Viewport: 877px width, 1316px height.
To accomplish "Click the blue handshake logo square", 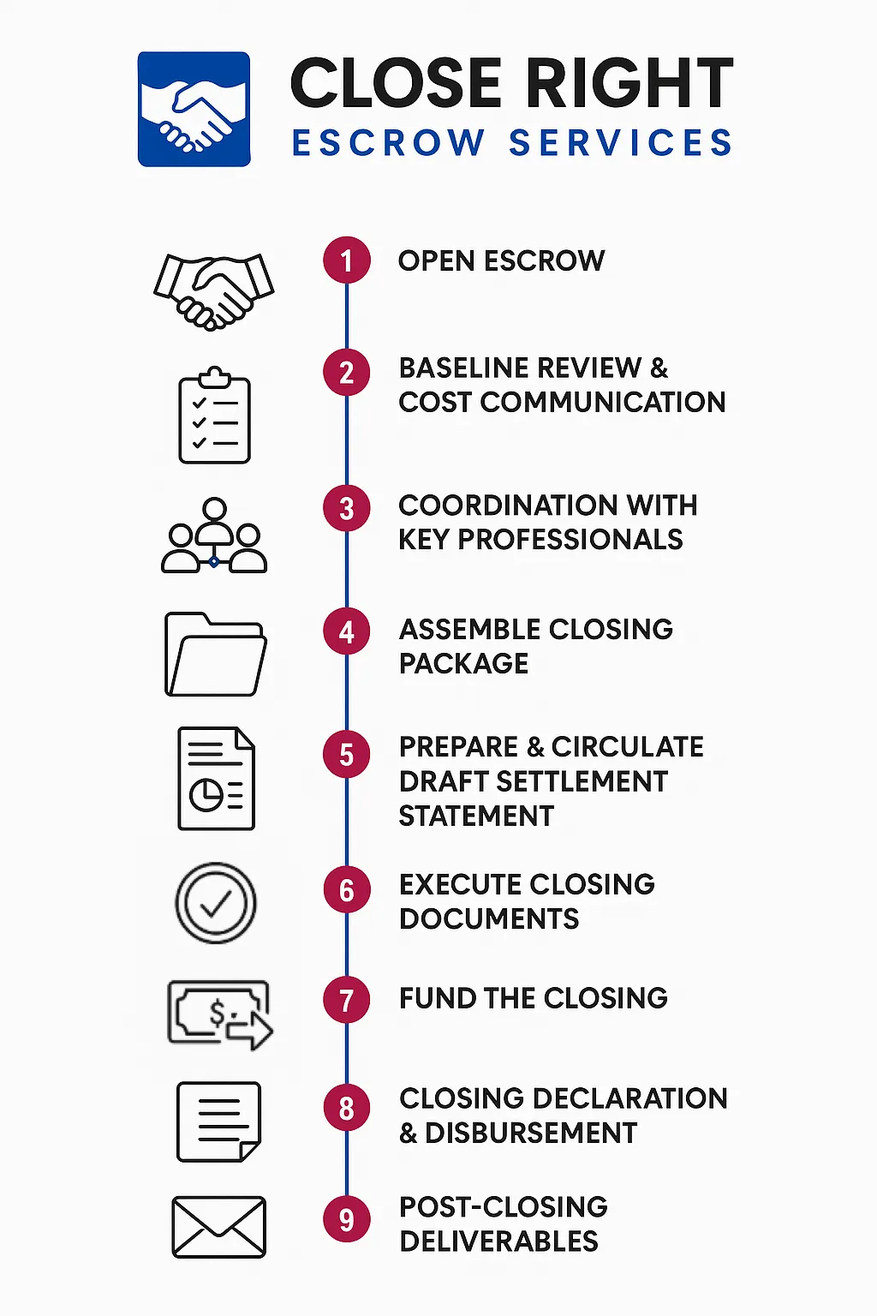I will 194,109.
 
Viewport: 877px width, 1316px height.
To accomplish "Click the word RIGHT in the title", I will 629,84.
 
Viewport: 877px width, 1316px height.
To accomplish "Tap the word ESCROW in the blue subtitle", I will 389,143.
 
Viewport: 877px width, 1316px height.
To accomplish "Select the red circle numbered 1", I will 347,260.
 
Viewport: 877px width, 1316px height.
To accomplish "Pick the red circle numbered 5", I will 347,755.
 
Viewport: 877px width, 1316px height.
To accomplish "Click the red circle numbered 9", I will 347,1219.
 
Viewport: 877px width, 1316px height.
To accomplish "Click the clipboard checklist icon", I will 214,416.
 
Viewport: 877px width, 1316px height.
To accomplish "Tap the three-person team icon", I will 214,536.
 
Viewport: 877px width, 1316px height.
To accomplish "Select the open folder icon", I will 215,655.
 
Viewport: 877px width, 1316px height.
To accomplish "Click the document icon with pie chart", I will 216,779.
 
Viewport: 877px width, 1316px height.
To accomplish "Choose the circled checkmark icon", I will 216,903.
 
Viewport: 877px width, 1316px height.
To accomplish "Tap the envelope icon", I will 219,1227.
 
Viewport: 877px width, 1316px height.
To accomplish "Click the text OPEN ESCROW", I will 501,261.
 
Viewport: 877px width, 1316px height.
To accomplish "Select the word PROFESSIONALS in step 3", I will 570,540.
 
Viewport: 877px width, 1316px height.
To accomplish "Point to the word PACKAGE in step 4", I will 463,664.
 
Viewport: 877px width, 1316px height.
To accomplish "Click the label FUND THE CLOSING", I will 533,998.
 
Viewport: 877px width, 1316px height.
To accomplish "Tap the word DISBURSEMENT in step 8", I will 531,1133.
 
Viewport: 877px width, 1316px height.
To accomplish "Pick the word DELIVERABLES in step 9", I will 498,1241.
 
